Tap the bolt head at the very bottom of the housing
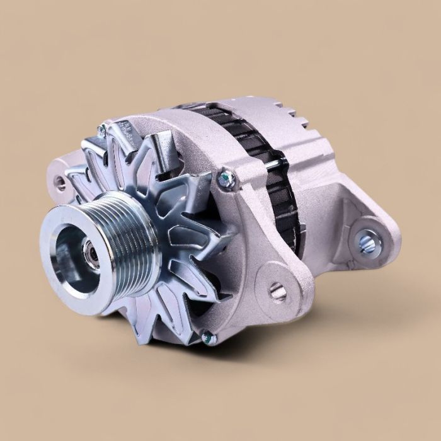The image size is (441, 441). tap(210, 339)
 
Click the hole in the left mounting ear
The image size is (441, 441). tap(60, 183)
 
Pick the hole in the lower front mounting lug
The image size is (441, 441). tap(278, 292)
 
